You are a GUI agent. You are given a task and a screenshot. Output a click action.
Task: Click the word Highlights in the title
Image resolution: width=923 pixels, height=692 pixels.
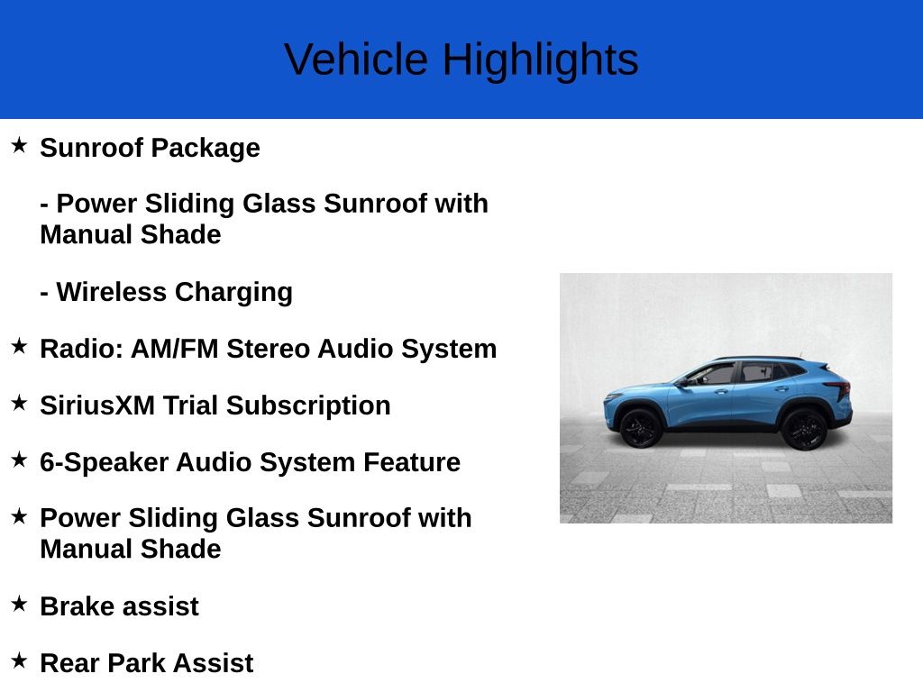coord(540,59)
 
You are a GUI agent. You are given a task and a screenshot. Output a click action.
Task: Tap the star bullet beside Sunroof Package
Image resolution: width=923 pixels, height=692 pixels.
coord(19,145)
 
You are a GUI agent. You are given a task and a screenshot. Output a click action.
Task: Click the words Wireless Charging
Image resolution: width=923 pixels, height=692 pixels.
coord(174,292)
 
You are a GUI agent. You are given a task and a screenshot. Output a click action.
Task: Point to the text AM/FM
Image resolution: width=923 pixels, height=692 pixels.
coord(175,349)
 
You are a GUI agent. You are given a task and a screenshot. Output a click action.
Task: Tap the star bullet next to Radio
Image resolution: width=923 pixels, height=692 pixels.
coord(19,346)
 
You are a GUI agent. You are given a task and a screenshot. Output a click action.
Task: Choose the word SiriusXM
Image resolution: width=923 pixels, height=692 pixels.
coord(97,405)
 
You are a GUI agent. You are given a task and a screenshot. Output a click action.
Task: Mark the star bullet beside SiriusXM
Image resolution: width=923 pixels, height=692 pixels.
coord(19,403)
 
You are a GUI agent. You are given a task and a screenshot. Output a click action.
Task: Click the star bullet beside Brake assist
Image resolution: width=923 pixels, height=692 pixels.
coord(19,604)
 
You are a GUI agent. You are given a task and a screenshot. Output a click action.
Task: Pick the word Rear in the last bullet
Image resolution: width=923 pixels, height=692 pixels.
coord(69,663)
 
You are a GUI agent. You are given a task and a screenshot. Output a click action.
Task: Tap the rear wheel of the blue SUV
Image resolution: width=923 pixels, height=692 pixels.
coord(804,429)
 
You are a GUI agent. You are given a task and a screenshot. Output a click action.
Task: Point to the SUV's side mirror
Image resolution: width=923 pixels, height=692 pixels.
coord(683,382)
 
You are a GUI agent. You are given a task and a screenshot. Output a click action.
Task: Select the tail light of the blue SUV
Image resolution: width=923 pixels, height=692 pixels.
coord(840,388)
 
